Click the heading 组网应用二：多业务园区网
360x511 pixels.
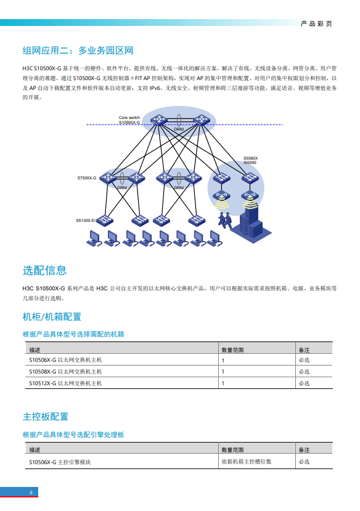click(x=78, y=51)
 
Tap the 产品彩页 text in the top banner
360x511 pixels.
click(x=316, y=24)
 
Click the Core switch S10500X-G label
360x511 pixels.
click(x=129, y=120)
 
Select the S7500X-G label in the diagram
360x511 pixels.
click(x=87, y=178)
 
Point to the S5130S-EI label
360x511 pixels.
click(x=86, y=221)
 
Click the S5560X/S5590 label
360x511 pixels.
click(x=250, y=160)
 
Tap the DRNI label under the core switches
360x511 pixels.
click(x=179, y=129)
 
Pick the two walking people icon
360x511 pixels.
click(x=225, y=220)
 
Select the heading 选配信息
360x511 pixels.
click(x=44, y=271)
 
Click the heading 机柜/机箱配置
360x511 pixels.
click(x=52, y=317)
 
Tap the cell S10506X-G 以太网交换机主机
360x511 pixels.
click(x=65, y=360)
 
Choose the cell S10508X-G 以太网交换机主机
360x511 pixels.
click(x=65, y=372)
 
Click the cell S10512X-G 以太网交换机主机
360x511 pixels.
click(x=65, y=383)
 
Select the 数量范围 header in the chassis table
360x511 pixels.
click(x=232, y=350)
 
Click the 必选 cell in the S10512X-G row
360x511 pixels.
click(x=304, y=383)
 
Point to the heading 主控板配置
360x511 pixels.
click(x=46, y=417)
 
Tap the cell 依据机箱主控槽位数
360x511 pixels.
click(x=247, y=462)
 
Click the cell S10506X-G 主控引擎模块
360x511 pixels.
click(x=60, y=462)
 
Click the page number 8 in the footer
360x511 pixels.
click(x=31, y=493)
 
